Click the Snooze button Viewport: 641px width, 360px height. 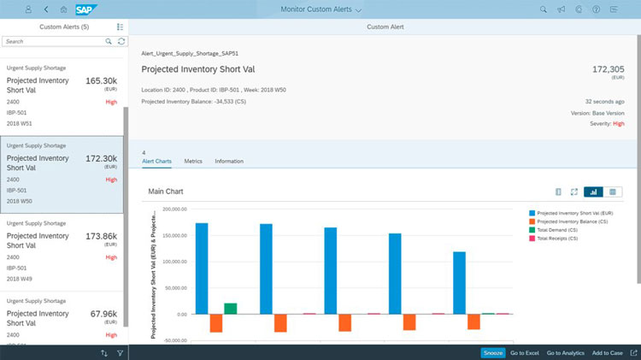pos(492,352)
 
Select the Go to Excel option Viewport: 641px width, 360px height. pos(524,352)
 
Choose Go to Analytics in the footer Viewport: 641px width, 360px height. pos(565,352)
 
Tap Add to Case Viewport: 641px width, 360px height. pos(607,352)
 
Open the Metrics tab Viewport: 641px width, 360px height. pos(193,161)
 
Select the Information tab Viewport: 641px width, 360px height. pos(229,161)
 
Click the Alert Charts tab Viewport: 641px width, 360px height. pos(156,161)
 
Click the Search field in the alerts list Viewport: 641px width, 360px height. pos(53,41)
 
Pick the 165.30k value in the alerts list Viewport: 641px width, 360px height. pos(101,80)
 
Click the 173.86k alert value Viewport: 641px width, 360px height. pos(101,236)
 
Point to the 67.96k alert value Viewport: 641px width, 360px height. pos(103,314)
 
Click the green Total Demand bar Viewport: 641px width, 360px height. pos(231,309)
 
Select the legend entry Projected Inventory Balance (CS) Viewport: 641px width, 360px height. pos(572,221)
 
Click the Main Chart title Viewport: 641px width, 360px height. pos(165,192)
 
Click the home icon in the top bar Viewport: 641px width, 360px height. pos(63,9)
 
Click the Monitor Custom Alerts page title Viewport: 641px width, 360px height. pos(320,9)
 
